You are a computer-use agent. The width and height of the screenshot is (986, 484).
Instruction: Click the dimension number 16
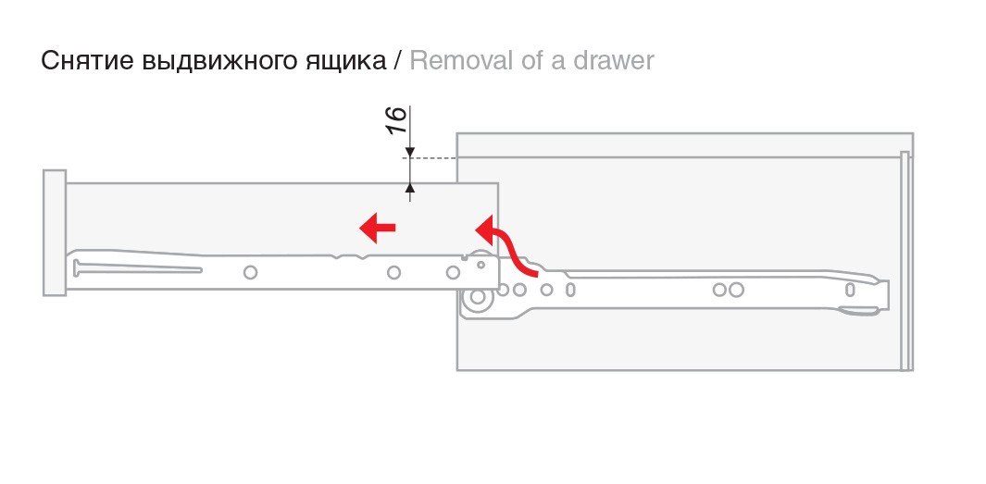[x=396, y=120]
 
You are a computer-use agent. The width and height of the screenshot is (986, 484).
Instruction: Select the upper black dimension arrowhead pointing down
[x=410, y=152]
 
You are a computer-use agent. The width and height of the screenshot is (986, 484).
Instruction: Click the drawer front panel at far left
[x=55, y=232]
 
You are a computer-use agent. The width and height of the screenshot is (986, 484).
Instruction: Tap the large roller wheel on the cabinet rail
[x=478, y=298]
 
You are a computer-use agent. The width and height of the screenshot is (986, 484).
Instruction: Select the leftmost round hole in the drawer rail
[x=250, y=272]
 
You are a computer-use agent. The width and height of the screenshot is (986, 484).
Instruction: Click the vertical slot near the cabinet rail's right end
[x=849, y=290]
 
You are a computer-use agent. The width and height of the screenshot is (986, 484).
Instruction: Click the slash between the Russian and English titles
[x=397, y=61]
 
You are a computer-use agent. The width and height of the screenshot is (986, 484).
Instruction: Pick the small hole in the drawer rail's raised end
[x=482, y=264]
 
